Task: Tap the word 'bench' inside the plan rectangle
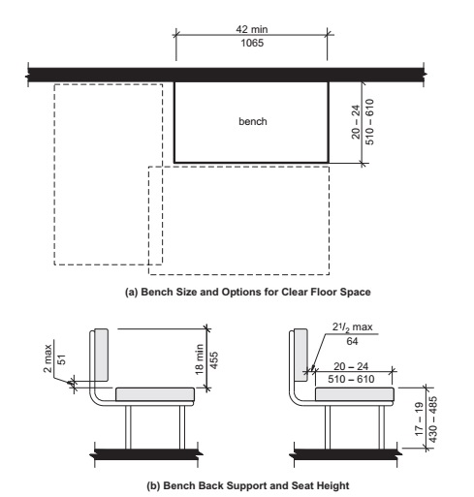tap(252, 123)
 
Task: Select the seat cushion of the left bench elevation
tap(156, 394)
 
